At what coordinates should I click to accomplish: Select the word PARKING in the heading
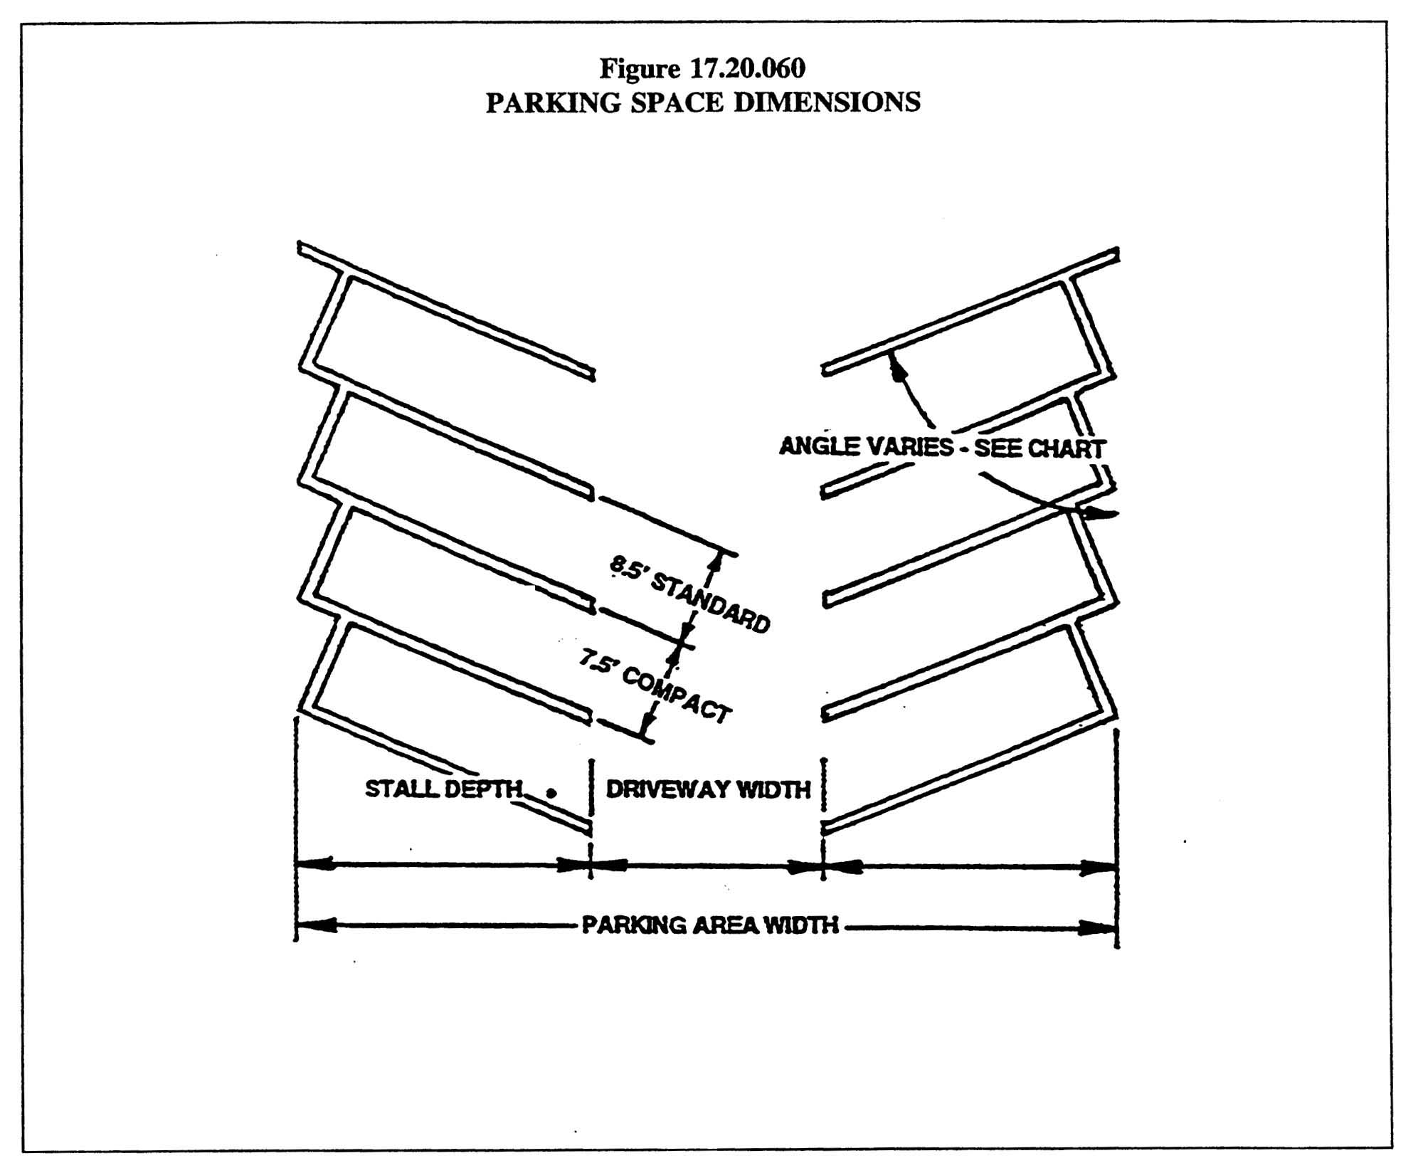[x=552, y=102]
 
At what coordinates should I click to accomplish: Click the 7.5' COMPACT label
[x=654, y=688]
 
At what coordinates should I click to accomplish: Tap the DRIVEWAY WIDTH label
[x=708, y=789]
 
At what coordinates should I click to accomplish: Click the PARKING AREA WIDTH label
[x=710, y=925]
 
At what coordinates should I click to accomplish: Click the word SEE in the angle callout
[x=996, y=448]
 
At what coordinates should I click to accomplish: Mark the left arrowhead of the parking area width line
[x=313, y=925]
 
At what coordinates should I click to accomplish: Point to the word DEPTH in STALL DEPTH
[x=483, y=789]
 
